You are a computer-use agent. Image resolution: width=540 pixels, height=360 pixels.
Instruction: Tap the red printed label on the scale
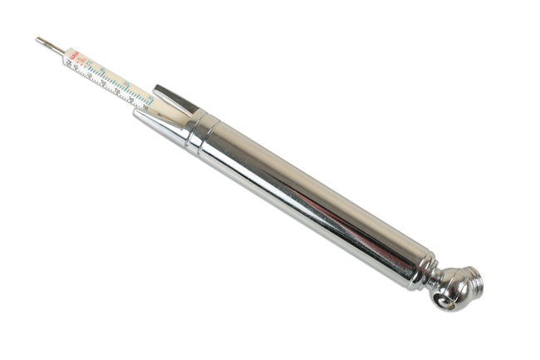[74, 57]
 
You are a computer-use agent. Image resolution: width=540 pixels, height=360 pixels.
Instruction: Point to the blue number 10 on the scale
[101, 68]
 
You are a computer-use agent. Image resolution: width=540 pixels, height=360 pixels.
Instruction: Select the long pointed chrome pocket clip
[162, 120]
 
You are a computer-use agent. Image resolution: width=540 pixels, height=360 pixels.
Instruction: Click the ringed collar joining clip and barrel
[202, 133]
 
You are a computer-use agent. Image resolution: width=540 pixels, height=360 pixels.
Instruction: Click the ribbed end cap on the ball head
[473, 280]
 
